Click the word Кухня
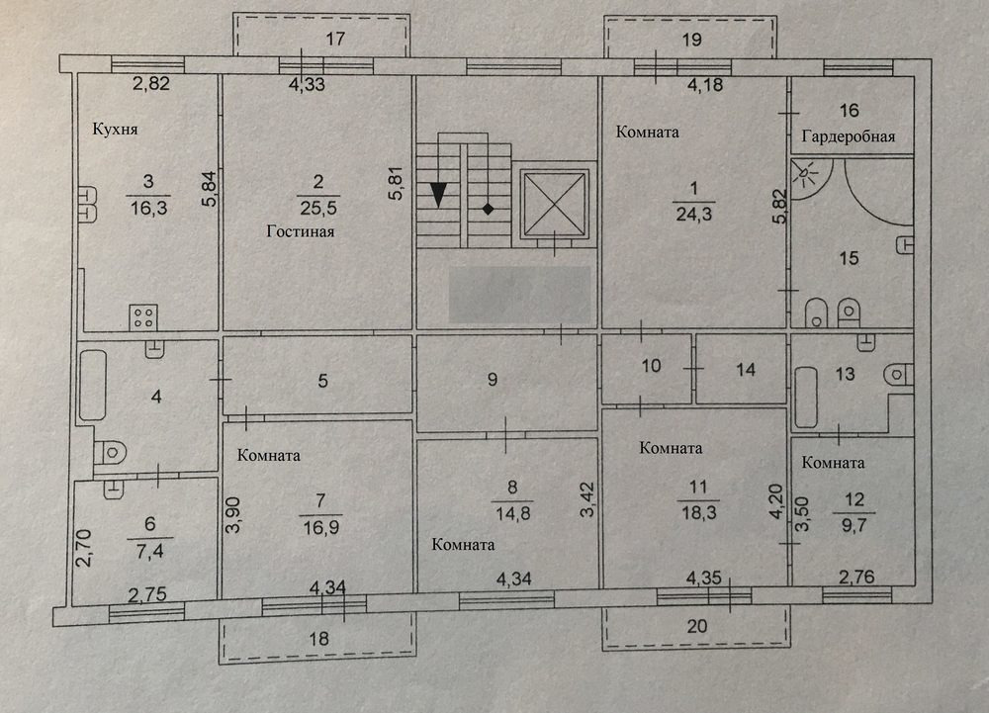115,130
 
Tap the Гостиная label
301,231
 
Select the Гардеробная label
849,136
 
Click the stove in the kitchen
143,317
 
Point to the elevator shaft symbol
555,205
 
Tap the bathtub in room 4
92,385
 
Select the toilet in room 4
110,452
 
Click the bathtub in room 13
805,398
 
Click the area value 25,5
318,208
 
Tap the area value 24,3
694,215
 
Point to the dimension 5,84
209,189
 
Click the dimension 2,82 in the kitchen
151,83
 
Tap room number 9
493,379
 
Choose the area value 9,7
854,524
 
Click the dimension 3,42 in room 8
587,499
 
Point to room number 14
746,370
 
